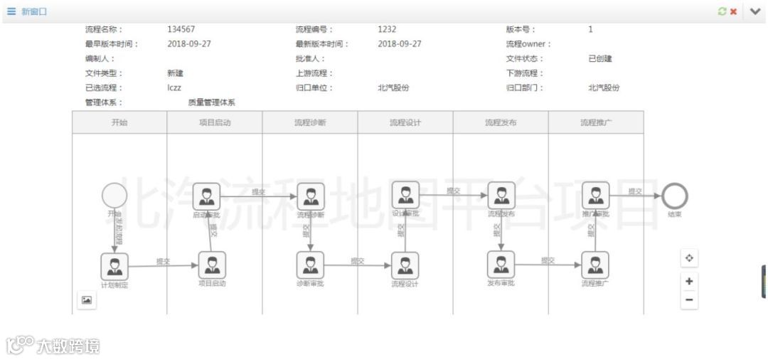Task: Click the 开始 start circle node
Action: (114, 196)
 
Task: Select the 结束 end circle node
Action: (674, 196)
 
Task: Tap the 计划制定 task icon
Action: (114, 266)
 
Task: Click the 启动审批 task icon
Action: (206, 196)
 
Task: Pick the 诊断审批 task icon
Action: (310, 265)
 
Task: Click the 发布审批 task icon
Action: (501, 265)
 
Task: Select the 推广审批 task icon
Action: (596, 195)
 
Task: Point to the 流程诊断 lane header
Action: (310, 122)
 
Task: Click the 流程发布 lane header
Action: (501, 122)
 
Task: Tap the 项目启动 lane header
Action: (215, 122)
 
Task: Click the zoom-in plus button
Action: (688, 281)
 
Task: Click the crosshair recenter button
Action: (688, 258)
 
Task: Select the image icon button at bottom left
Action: (86, 300)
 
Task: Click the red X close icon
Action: (733, 11)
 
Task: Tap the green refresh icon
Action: (722, 11)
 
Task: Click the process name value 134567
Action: (181, 30)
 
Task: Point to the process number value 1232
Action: (387, 30)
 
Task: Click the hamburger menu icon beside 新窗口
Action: (11, 11)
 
